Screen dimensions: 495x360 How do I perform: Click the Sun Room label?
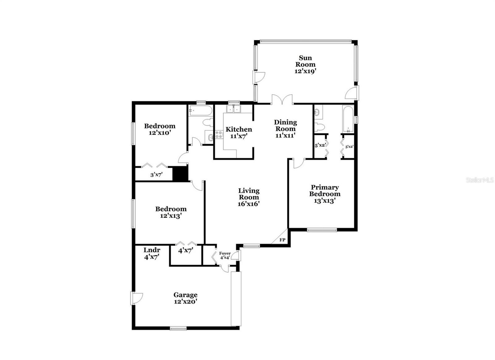click(305, 64)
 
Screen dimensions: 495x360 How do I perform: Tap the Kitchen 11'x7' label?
click(239, 132)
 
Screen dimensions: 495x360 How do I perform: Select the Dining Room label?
click(286, 129)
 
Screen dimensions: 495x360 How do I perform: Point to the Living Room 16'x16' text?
click(249, 197)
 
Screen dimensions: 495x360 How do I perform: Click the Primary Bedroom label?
click(325, 194)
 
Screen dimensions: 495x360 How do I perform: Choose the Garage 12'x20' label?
click(185, 298)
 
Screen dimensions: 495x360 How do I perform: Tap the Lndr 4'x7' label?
click(152, 254)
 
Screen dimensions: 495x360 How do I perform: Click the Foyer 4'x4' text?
click(225, 255)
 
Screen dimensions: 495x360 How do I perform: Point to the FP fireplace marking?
click(282, 240)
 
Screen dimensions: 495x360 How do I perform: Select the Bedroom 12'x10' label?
click(160, 129)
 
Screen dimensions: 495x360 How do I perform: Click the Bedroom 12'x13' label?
click(171, 212)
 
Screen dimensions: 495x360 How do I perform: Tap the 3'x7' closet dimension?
click(157, 175)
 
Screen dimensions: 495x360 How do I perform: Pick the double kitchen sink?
click(234, 109)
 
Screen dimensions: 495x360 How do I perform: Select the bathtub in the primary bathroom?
click(348, 119)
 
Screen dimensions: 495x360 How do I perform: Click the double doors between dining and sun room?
click(282, 99)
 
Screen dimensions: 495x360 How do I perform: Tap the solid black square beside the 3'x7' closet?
click(180, 174)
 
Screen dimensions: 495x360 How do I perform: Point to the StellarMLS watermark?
click(480, 180)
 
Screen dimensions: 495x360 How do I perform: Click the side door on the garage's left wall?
click(136, 298)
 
